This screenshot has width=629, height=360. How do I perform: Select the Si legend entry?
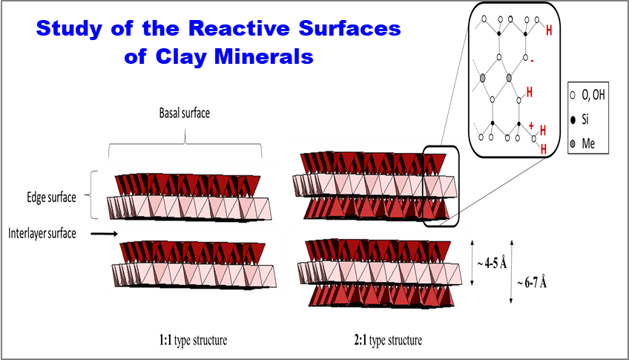pos(586,117)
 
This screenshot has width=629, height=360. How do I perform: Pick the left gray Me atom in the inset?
pos(483,77)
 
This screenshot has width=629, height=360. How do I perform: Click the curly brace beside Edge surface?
pos(94,195)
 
